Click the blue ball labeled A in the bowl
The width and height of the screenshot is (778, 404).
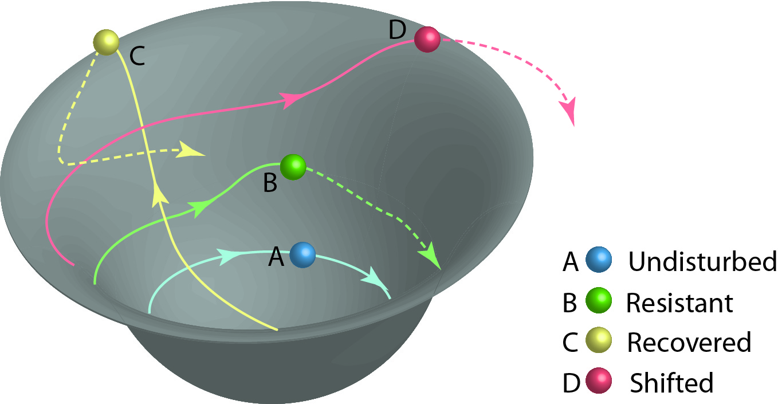[302, 254]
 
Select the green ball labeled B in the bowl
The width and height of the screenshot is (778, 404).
[293, 167]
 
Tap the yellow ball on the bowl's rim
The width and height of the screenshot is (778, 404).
[106, 42]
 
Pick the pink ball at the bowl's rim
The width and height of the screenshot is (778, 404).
[427, 40]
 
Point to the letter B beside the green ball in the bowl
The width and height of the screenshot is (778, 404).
[270, 183]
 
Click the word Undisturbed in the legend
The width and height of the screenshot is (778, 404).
[702, 262]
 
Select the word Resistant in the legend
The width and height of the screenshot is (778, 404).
[679, 303]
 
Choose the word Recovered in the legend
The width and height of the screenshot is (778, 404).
[689, 343]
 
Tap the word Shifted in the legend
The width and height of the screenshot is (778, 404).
[671, 383]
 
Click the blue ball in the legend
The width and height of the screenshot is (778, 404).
[599, 261]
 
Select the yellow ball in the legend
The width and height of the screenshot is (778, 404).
[599, 342]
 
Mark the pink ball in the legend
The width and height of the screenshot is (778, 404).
[599, 382]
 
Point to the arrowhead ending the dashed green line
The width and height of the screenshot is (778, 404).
[433, 259]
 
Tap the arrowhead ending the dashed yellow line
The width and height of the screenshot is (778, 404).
[192, 150]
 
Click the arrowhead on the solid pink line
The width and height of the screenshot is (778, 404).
[292, 100]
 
